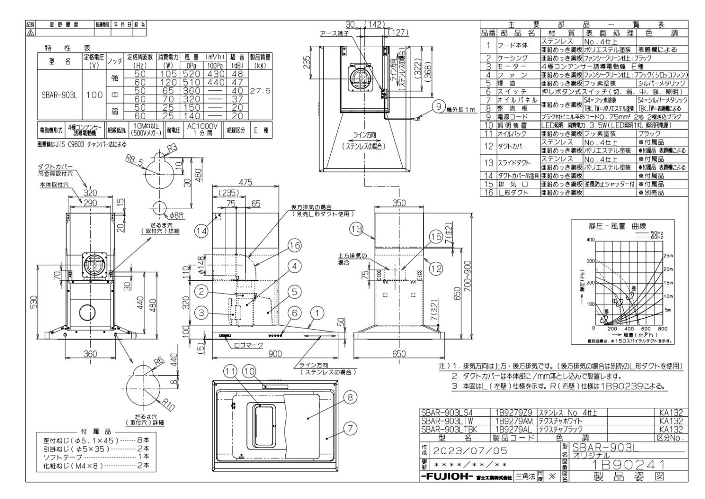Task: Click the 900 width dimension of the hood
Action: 274,354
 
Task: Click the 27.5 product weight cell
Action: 261,91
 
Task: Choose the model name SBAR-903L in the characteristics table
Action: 58,95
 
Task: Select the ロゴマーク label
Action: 248,345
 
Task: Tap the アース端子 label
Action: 334,33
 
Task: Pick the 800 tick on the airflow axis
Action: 662,328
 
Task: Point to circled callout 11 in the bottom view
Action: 230,371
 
